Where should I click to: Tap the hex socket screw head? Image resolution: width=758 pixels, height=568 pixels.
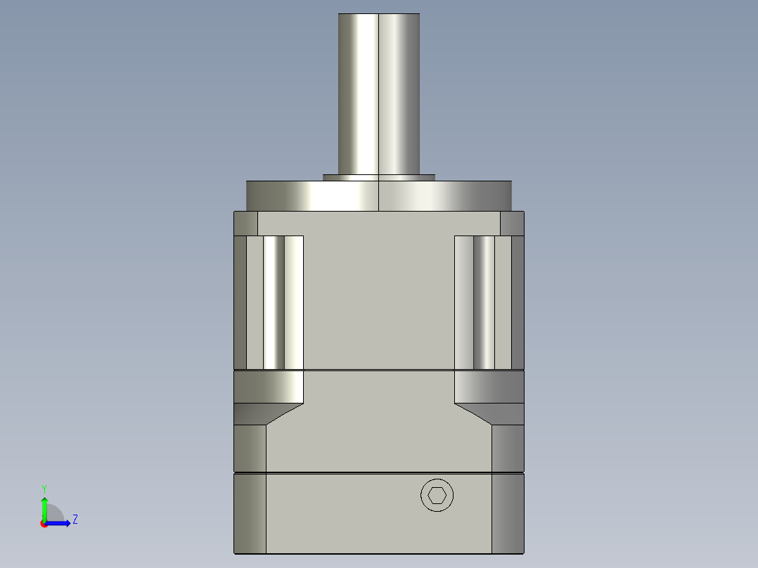pyautogui.click(x=437, y=496)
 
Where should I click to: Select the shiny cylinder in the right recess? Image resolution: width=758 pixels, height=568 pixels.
pyautogui.click(x=484, y=302)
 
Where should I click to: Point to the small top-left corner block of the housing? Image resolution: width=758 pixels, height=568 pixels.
pyautogui.click(x=245, y=223)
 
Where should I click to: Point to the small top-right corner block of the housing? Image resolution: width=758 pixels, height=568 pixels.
pyautogui.click(x=512, y=223)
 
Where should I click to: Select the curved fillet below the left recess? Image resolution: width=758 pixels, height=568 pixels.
pyautogui.click(x=269, y=387)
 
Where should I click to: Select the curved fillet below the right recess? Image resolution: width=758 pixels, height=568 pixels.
pyautogui.click(x=489, y=387)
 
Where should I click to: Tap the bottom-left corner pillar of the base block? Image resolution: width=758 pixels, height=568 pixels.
pyautogui.click(x=250, y=513)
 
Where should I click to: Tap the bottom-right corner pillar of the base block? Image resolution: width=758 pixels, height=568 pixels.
pyautogui.click(x=508, y=513)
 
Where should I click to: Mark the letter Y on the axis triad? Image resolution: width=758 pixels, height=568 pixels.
pyautogui.click(x=44, y=487)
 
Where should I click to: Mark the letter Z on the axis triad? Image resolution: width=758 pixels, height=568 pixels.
pyautogui.click(x=75, y=520)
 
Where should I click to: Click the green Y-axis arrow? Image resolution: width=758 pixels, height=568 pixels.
pyautogui.click(x=44, y=508)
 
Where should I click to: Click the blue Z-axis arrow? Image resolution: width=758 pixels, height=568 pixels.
pyautogui.click(x=60, y=523)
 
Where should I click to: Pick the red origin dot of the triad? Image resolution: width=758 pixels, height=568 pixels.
pyautogui.click(x=44, y=524)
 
